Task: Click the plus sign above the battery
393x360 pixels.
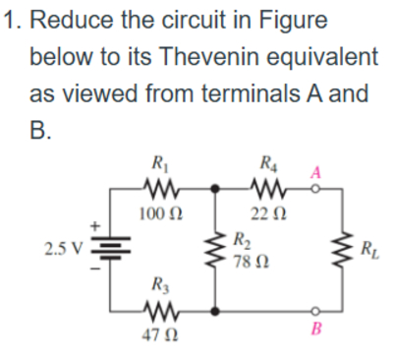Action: [97, 225]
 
